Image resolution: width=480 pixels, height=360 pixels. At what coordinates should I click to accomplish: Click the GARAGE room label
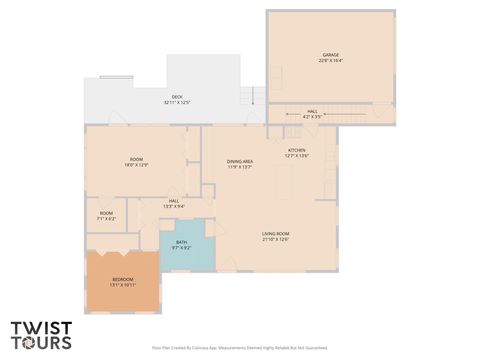click(331, 54)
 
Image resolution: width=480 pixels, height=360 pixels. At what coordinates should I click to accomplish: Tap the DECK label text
click(176, 96)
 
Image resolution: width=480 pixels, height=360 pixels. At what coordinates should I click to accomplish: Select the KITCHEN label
click(297, 150)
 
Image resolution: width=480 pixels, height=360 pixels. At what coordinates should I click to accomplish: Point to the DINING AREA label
click(239, 161)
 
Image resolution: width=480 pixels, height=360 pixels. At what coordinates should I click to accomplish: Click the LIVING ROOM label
click(275, 233)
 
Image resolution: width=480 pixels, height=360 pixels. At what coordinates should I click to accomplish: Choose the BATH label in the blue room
click(181, 241)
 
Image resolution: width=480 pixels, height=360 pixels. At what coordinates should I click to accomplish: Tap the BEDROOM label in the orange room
click(122, 279)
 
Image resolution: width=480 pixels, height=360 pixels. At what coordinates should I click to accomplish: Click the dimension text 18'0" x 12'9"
click(137, 166)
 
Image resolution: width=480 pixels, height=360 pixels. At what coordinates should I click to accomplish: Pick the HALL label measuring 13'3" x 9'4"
click(173, 201)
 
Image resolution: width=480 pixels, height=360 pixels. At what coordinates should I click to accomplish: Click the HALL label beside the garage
click(312, 111)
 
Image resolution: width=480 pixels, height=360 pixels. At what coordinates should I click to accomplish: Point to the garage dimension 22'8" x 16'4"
click(331, 60)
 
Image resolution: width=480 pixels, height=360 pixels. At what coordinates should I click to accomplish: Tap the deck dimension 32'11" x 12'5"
click(176, 102)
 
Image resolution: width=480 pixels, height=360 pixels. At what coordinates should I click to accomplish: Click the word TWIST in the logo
click(40, 327)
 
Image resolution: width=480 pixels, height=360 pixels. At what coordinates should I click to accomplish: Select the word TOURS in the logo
click(41, 343)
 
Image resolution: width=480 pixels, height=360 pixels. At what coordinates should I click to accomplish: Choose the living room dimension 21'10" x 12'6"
click(275, 239)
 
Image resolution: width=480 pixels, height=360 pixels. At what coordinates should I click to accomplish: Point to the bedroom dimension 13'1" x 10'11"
click(122, 285)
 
